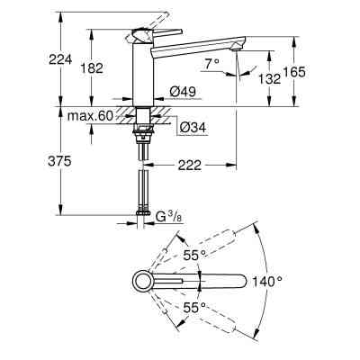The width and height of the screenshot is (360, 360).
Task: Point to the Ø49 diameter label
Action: click(184, 91)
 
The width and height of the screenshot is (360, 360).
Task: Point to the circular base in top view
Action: click(143, 282)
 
